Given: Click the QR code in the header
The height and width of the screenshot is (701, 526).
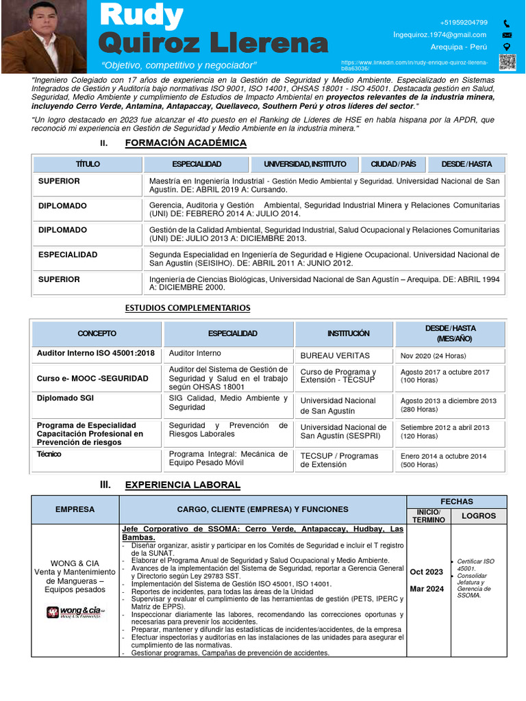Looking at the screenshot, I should [508, 62].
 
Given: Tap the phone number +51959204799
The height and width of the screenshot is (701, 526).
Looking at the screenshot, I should [464, 23].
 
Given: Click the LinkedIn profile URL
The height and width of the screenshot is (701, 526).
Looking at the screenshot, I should [414, 66].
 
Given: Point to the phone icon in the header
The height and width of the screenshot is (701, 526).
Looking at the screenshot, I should [507, 23].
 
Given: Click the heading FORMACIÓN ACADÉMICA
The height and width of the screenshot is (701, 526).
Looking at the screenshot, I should [186, 143].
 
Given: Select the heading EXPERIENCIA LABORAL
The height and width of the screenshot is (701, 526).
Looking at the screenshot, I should [182, 485].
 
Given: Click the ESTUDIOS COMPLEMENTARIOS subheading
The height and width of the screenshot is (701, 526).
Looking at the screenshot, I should [188, 308].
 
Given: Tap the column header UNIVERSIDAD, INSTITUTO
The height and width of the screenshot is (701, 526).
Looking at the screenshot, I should [305, 164].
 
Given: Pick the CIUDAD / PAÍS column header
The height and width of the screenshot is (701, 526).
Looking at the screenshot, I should [393, 164].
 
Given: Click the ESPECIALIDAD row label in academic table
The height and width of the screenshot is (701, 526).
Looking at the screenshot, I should [68, 255].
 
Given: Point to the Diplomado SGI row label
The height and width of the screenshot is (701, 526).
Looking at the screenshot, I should [65, 398].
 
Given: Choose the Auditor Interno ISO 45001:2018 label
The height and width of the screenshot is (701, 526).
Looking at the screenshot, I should [95, 353].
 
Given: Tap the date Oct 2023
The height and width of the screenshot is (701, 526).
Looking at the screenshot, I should [425, 572].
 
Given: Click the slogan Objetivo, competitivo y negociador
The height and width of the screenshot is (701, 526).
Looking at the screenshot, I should [179, 65].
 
